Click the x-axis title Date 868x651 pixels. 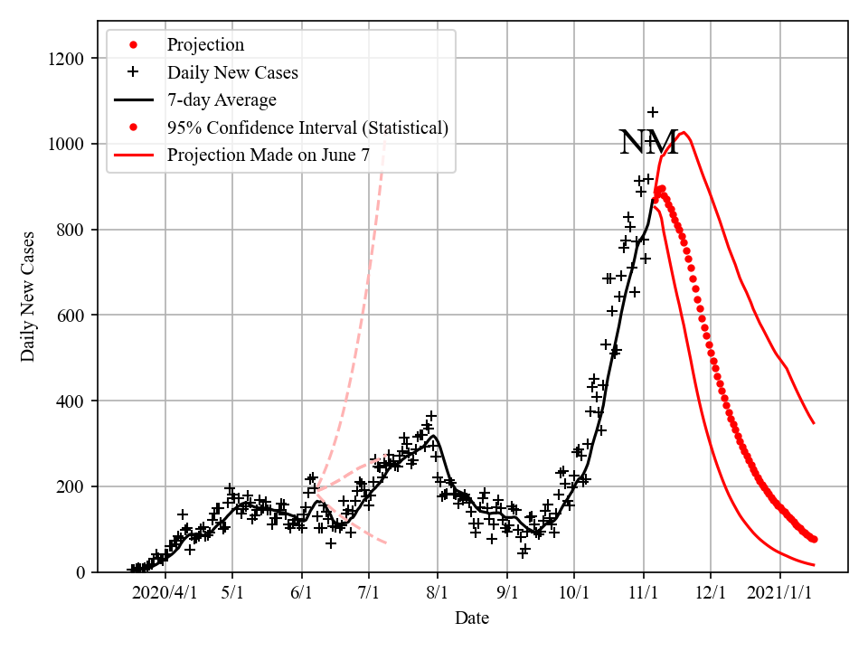471,618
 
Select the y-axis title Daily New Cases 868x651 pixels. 28,297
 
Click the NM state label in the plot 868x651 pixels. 648,143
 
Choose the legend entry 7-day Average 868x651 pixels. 222,99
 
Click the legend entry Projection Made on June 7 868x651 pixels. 268,156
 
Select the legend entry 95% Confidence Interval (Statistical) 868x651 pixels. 307,127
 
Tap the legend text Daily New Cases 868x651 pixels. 232,71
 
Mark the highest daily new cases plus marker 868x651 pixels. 653,112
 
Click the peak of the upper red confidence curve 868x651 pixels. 684,133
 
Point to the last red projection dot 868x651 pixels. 814,539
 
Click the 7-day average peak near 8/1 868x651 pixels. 435,436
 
